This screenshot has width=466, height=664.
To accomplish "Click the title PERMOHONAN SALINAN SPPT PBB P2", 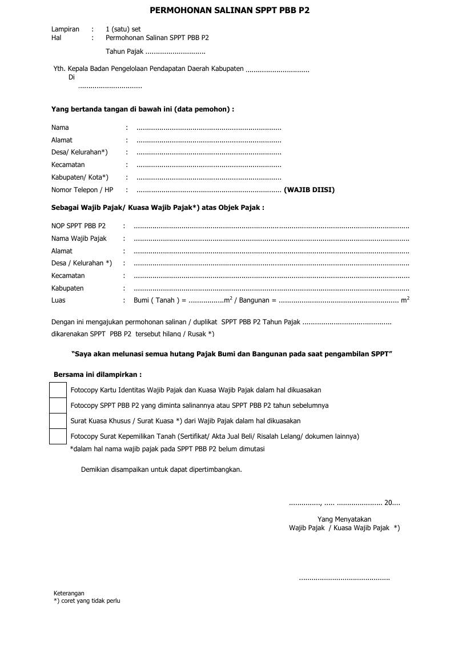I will (230, 10).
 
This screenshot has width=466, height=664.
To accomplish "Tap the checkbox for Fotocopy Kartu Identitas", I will (58, 390).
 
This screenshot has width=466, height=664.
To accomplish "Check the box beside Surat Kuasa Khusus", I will (58, 421).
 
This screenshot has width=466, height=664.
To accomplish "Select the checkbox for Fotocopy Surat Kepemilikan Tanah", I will (58, 436).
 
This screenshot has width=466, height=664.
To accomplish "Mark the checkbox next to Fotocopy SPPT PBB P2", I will (58, 405).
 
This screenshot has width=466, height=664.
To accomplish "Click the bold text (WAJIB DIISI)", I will (309, 190).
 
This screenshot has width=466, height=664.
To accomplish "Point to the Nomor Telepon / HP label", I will (82, 190).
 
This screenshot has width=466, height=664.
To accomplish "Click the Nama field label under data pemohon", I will (60, 128).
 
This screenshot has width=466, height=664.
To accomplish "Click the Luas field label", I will (58, 300).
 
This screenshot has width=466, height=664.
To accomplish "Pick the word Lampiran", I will (65, 29).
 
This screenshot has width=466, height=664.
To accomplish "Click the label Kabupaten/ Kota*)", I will (79, 177).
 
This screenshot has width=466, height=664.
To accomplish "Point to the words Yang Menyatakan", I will (344, 519).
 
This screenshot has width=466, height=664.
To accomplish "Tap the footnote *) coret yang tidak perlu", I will (87, 601).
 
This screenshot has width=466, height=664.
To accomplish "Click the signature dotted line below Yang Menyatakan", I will (344, 579).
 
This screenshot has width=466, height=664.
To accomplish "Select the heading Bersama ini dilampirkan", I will (98, 375).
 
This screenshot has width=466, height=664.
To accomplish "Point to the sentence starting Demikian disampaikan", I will (162, 470).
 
